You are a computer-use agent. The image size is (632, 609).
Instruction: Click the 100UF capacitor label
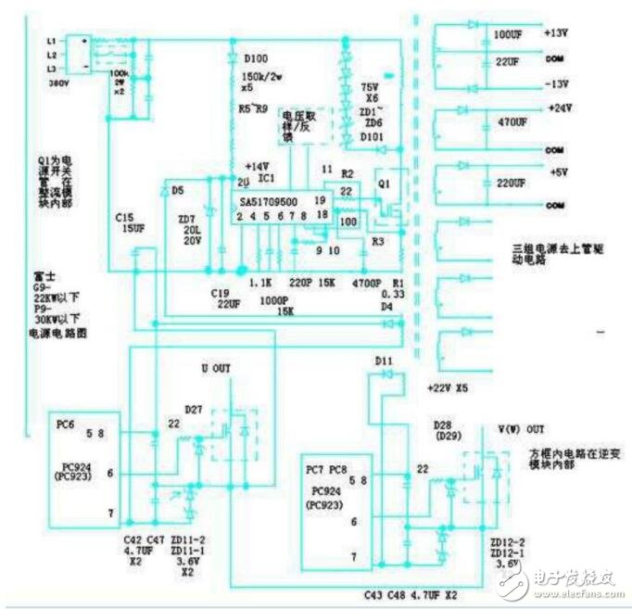(507, 33)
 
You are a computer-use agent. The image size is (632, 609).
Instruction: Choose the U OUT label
(217, 369)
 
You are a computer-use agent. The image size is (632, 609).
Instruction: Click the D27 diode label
(193, 408)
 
